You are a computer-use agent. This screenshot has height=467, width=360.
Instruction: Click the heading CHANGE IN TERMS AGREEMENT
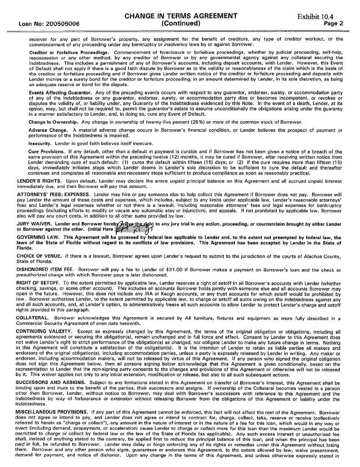point(181,16)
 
